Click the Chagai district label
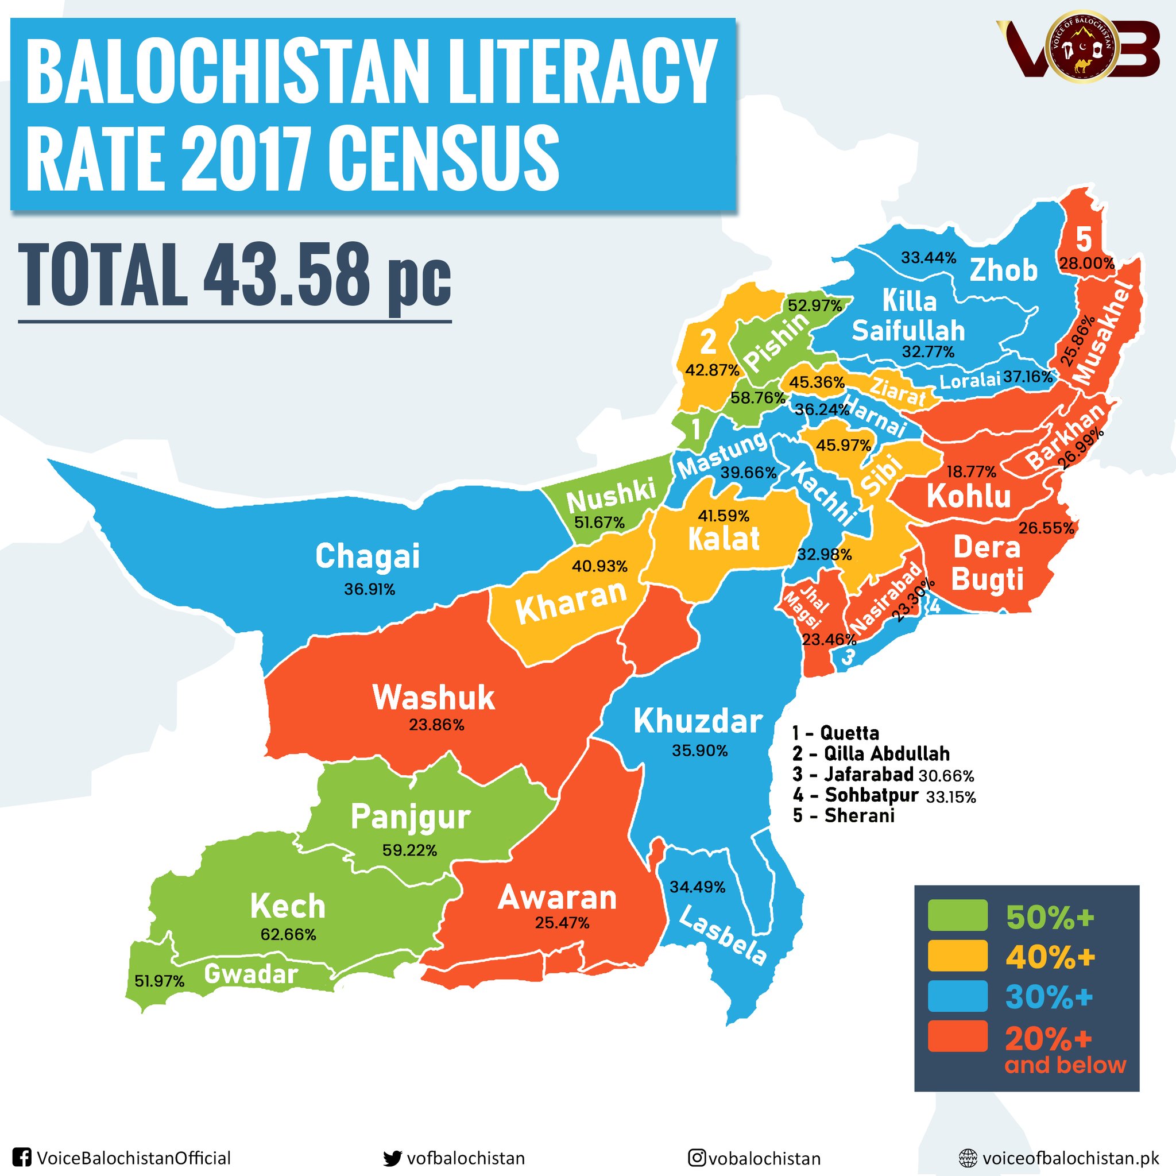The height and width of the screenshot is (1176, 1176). tap(367, 556)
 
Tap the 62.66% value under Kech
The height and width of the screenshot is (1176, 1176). tap(288, 934)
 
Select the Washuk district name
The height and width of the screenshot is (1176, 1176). tap(434, 698)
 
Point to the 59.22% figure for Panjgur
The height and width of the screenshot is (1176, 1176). tap(409, 850)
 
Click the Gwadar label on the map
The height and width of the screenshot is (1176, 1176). tap(251, 974)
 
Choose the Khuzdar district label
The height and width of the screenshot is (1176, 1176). tap(698, 722)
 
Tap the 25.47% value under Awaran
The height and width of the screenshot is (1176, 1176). tap(562, 923)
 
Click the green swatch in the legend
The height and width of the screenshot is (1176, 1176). tap(957, 915)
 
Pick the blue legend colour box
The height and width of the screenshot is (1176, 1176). tap(957, 996)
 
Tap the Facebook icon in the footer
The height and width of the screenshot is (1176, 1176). tap(22, 1158)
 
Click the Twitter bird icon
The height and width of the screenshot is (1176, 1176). tap(393, 1158)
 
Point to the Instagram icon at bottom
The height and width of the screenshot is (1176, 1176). tap(697, 1158)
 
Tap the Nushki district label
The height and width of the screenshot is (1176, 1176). tap(610, 495)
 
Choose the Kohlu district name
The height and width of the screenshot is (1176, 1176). tap(969, 496)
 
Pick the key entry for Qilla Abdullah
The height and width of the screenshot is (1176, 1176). tap(871, 753)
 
